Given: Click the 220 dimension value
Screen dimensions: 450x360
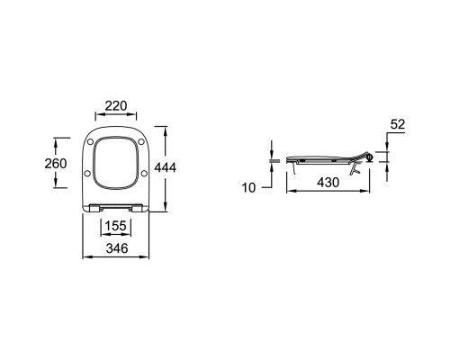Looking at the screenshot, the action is point(116,106).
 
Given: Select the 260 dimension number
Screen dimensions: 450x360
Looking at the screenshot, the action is point(56,164).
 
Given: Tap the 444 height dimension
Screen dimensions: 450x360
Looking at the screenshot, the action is point(166,167).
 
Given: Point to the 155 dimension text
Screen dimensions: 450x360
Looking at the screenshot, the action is point(116,226).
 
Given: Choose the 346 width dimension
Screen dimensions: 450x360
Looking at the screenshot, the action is point(117,248).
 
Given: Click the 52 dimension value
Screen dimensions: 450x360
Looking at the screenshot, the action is point(398,124).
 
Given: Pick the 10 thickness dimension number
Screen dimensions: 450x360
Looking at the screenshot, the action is point(248,188).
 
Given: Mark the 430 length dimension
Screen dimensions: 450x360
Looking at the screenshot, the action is point(328,183).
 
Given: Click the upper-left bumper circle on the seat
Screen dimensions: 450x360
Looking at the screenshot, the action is point(90,142).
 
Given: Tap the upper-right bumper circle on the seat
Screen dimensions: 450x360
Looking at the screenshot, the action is point(141,141).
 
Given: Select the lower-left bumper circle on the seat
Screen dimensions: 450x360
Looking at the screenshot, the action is point(87,173).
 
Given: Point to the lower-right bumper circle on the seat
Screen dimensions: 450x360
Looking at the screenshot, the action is point(144,173).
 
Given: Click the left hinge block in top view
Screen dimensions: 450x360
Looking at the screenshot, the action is point(94,208).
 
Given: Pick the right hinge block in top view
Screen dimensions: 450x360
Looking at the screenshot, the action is point(137,208).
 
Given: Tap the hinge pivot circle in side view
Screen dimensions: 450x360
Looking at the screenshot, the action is point(370,157).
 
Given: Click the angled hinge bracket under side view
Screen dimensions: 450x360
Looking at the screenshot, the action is point(355,168).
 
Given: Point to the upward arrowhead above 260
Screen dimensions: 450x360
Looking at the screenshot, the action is point(56,145).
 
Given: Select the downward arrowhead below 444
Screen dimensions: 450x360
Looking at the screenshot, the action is point(166,207).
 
